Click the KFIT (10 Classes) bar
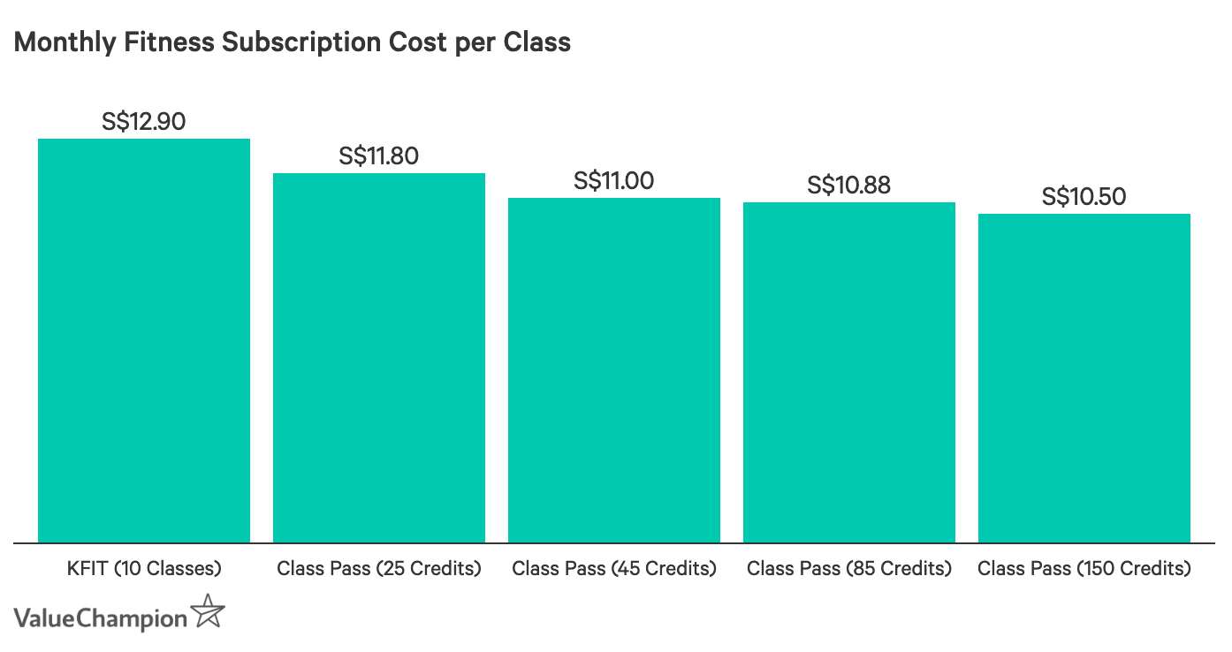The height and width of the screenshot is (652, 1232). pos(143,341)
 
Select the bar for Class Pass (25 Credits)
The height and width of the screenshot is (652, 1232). pos(379,358)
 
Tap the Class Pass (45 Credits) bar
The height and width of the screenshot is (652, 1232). pos(614,370)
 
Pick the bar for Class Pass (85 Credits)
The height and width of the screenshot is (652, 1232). pos(849,373)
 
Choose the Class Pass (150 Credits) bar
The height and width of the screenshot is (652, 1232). pos(1084,378)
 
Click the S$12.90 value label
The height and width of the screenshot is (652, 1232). pos(143,122)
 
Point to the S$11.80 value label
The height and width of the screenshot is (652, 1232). pos(379,156)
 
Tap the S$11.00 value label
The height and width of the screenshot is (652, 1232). pos(614,181)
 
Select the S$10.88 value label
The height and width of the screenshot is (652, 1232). pos(848,186)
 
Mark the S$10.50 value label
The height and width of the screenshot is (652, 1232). pos(1084,197)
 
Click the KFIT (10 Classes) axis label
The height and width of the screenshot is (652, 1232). pos(144,568)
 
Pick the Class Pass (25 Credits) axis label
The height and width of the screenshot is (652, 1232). pos(379,568)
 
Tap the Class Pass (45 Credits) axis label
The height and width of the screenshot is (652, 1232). pos(614,568)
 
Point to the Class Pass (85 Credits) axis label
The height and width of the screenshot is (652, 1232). pos(849,568)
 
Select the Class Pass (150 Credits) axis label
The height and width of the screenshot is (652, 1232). pos(1084,568)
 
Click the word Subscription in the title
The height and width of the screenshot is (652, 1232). pos(301,43)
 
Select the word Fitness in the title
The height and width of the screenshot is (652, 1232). pos(169,42)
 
